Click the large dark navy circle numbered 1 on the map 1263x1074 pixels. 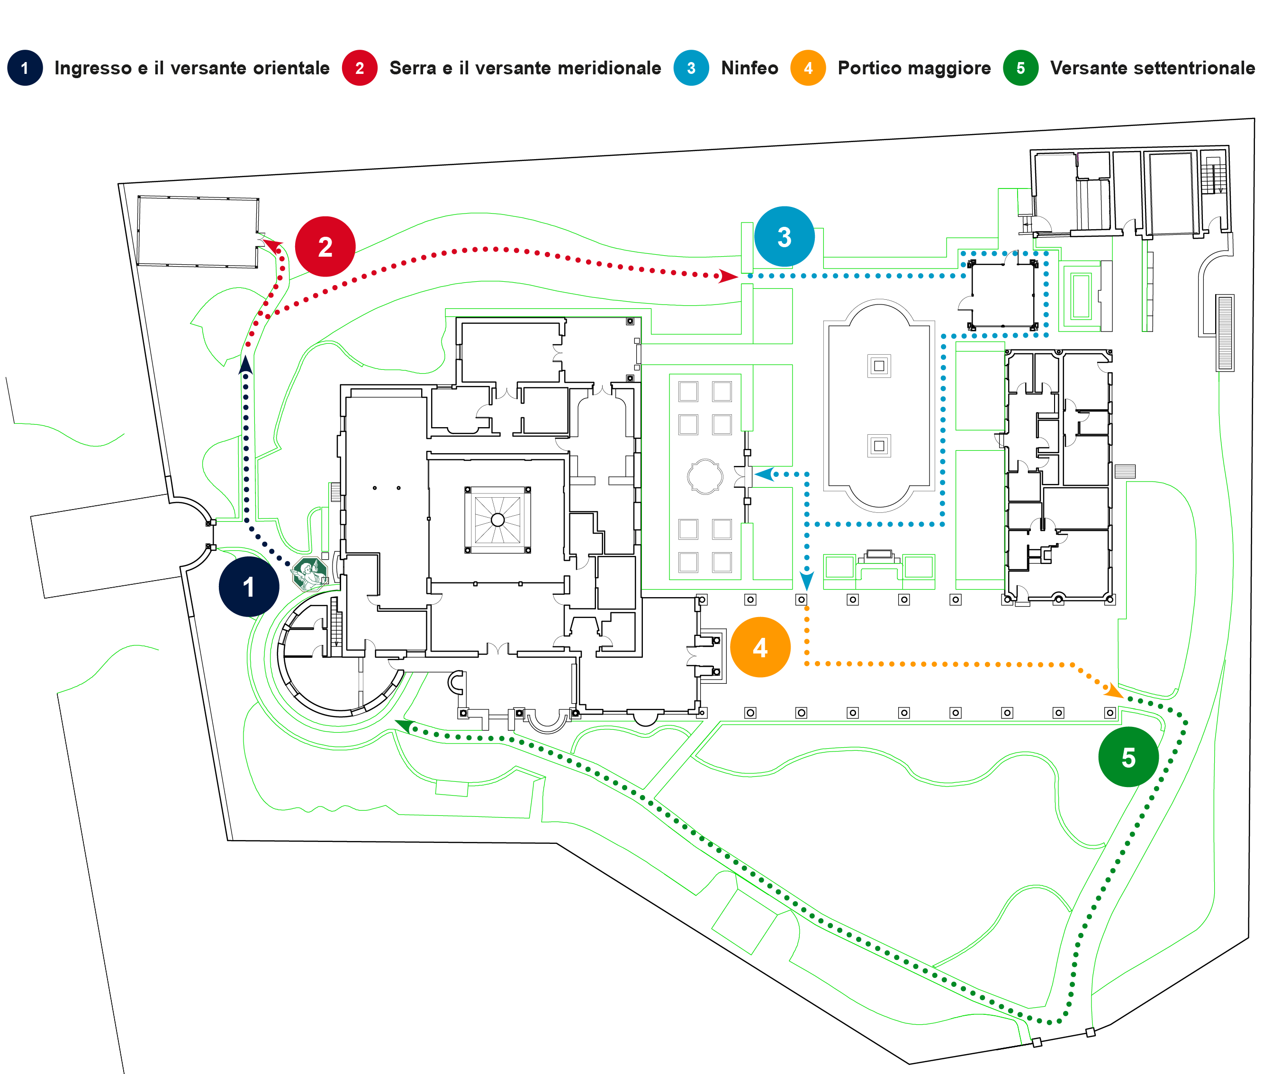pyautogui.click(x=248, y=586)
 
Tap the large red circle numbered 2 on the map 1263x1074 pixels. pyautogui.click(x=325, y=247)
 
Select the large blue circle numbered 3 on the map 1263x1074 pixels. pyautogui.click(x=785, y=236)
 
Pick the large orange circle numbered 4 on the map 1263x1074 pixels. pyautogui.click(x=760, y=647)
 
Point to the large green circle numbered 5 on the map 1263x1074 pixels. pyautogui.click(x=1128, y=757)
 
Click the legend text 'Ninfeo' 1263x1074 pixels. pyautogui.click(x=749, y=68)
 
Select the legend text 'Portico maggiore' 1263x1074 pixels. pyautogui.click(x=914, y=68)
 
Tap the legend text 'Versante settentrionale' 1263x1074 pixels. pyautogui.click(x=1152, y=68)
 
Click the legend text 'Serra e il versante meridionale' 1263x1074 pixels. pyautogui.click(x=525, y=68)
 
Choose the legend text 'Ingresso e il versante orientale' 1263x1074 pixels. pyautogui.click(x=192, y=68)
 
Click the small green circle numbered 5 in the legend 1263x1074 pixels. pyautogui.click(x=1020, y=68)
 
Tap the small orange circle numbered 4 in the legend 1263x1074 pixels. pyautogui.click(x=808, y=68)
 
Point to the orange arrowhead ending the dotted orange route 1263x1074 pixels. pyautogui.click(x=1114, y=690)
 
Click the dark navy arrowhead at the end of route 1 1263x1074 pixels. pyautogui.click(x=245, y=365)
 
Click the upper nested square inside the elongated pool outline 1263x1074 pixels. pyautogui.click(x=879, y=366)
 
